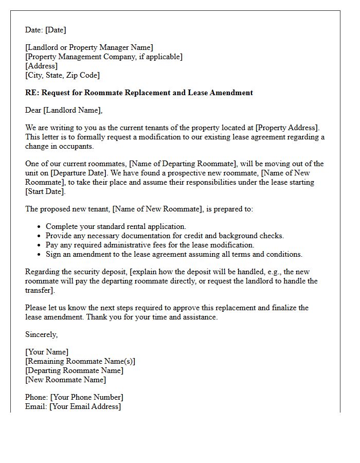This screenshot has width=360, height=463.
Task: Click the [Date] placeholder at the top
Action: coord(55,30)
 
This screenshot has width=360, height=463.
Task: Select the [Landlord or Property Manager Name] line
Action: coord(89,48)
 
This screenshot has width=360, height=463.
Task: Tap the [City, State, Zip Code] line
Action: coord(62,75)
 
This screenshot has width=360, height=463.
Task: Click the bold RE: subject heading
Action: coord(139,93)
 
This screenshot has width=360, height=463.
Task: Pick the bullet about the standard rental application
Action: coord(116,226)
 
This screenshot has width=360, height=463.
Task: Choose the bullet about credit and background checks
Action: coord(165,236)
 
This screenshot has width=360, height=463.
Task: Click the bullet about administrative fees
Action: coord(150,245)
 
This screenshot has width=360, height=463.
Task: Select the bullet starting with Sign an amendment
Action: coord(174,254)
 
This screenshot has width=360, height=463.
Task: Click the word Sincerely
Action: coord(41,334)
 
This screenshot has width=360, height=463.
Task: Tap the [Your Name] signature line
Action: coord(47,352)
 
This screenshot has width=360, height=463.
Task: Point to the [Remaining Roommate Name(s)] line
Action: coord(80,361)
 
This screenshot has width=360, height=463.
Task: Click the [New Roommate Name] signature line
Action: coord(65,380)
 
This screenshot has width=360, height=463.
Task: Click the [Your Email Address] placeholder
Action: coord(85,406)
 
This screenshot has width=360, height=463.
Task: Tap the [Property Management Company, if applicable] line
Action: coord(104,57)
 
